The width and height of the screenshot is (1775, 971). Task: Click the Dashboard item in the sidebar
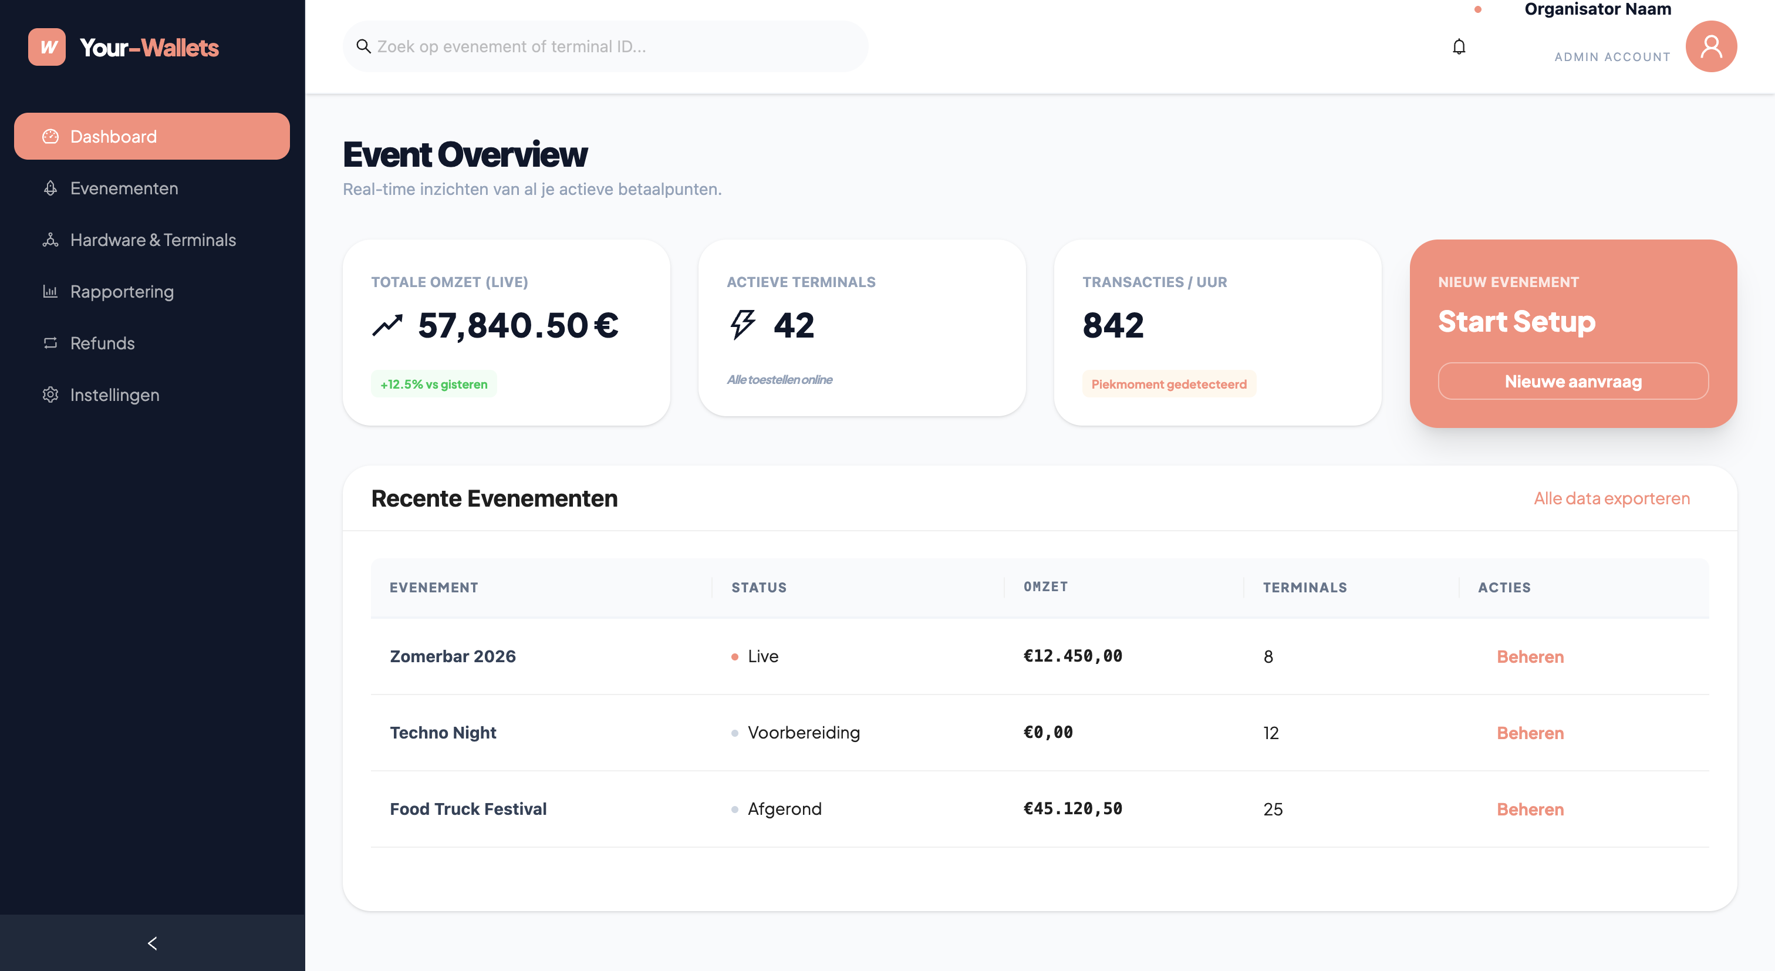click(x=151, y=136)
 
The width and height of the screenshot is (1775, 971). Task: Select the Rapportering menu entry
click(x=122, y=292)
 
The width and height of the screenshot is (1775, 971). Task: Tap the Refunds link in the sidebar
click(x=102, y=343)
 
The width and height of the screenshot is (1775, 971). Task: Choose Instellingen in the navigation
click(x=114, y=395)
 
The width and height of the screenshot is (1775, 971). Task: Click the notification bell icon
click(x=1459, y=47)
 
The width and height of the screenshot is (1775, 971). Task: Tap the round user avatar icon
click(x=1710, y=47)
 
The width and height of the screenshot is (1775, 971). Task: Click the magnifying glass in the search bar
click(x=363, y=46)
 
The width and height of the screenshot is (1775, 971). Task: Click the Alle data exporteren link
click(x=1611, y=498)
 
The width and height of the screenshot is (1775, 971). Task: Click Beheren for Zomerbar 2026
click(x=1530, y=657)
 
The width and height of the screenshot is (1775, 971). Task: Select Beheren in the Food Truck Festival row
click(x=1530, y=809)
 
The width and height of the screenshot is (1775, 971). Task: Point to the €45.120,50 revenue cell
click(x=1072, y=808)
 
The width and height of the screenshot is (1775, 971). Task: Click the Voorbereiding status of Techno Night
click(x=804, y=733)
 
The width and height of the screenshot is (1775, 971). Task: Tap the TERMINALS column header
click(x=1304, y=588)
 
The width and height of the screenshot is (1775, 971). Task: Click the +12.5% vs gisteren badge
click(x=433, y=384)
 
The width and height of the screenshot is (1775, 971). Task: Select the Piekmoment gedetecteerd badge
click(x=1169, y=384)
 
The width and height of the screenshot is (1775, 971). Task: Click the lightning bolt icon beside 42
click(x=742, y=325)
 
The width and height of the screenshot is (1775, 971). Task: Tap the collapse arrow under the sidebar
click(x=152, y=943)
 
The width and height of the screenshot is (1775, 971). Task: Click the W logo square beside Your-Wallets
click(x=47, y=47)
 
